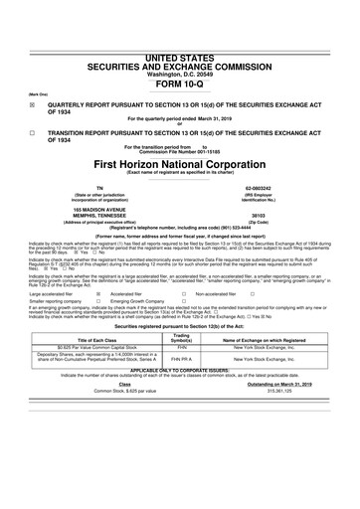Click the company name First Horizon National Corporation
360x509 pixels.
click(x=180, y=162)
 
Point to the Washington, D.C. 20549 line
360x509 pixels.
click(x=180, y=46)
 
